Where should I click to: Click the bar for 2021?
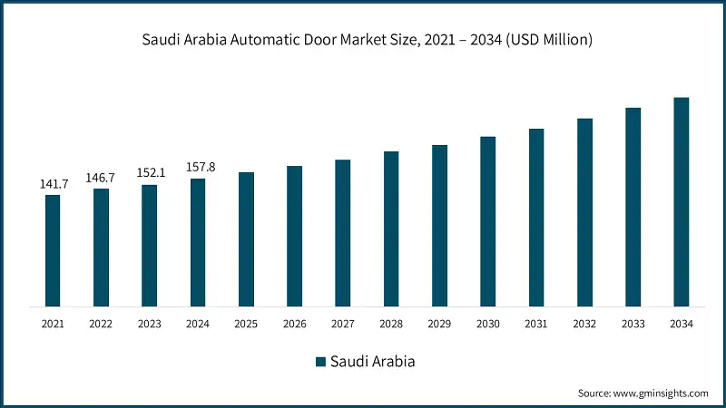point(53,250)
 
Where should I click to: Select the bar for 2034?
point(681,201)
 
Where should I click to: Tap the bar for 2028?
point(391,228)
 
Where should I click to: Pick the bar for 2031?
point(536,217)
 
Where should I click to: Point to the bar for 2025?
point(246,238)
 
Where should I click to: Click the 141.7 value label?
point(53,184)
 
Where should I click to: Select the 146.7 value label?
point(101,179)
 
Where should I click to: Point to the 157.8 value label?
point(198,168)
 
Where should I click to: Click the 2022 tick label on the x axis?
point(101,323)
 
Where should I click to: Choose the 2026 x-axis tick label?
point(294,323)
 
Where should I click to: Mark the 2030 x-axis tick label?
point(487,323)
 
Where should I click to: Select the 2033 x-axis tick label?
point(633,323)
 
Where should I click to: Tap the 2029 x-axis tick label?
point(439,323)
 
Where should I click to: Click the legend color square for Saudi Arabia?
point(319,362)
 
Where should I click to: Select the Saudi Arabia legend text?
point(372,362)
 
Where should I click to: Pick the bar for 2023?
point(149,245)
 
